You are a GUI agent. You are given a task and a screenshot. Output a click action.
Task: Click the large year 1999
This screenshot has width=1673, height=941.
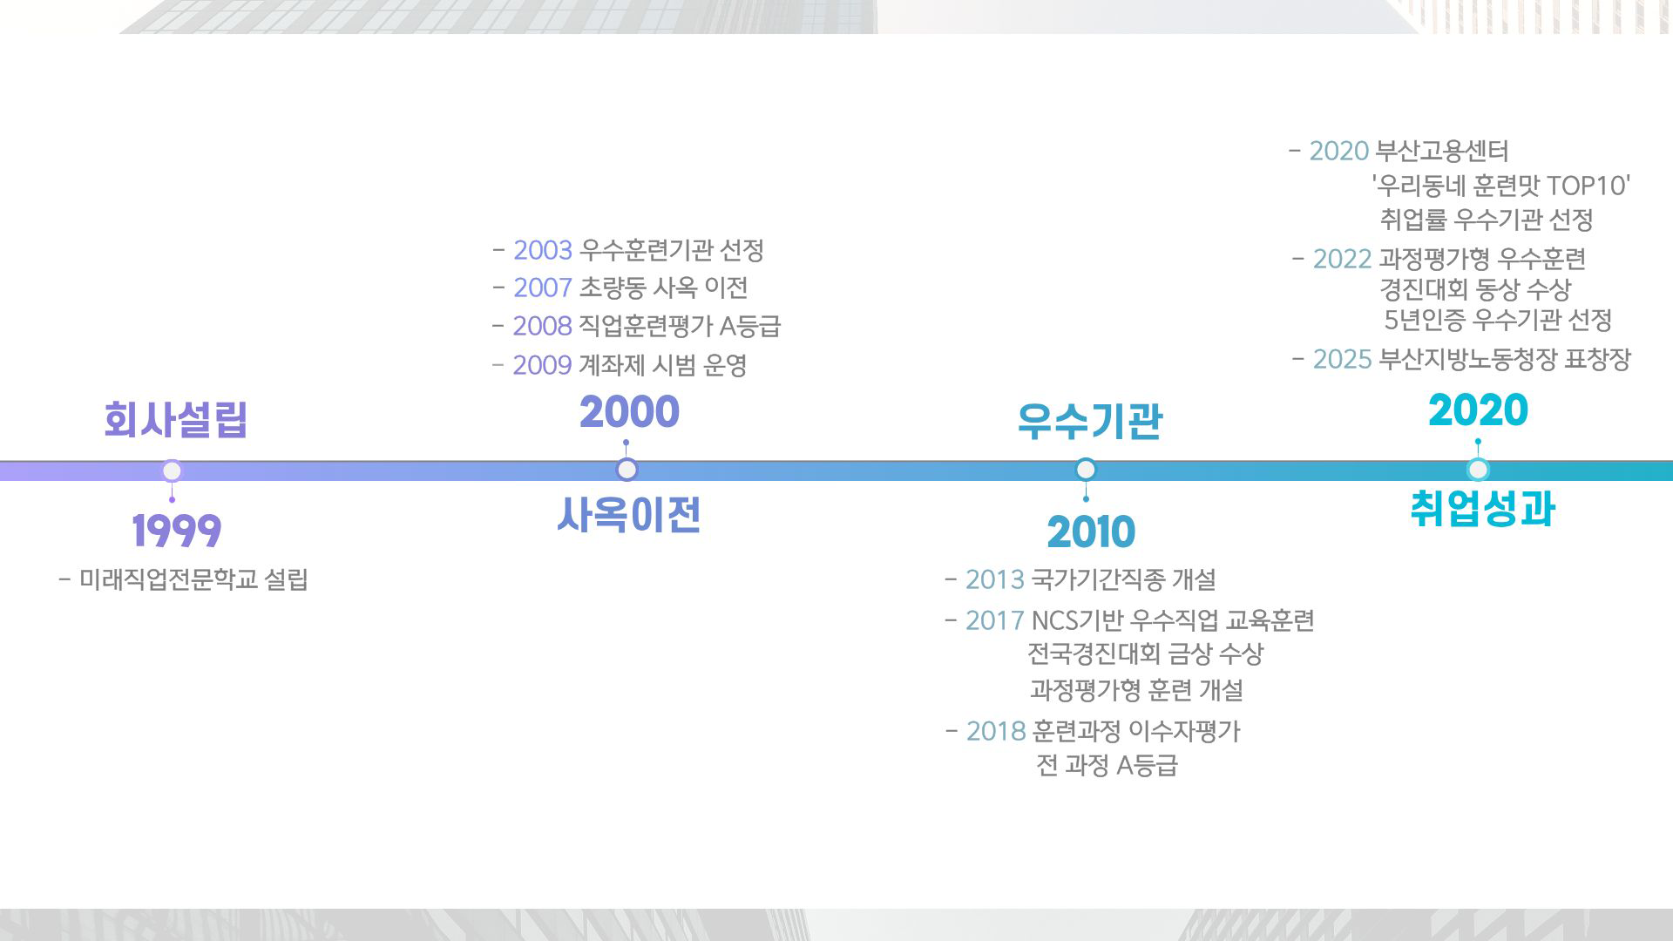177,531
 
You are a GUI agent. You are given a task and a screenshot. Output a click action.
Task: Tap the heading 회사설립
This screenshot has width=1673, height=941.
176,420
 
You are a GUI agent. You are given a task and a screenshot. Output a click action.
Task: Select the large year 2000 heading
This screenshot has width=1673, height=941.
629,412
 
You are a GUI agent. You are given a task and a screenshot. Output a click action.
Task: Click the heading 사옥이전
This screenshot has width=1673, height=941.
629,514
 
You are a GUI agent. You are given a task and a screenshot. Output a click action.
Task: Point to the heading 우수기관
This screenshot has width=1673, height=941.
1090,421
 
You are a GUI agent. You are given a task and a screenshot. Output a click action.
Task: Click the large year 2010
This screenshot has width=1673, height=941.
1091,531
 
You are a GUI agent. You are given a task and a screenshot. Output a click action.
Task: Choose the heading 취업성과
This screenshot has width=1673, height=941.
1483,509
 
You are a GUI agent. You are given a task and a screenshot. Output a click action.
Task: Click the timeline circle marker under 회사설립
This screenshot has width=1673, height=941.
173,471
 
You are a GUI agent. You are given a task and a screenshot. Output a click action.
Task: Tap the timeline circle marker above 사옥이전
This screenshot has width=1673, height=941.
627,470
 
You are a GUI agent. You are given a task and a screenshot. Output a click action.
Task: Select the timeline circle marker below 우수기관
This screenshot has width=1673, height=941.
1086,470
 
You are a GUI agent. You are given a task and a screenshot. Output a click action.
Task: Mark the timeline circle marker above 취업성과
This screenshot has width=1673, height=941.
1478,470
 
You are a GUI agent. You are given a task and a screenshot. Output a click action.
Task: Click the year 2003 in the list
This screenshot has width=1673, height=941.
543,251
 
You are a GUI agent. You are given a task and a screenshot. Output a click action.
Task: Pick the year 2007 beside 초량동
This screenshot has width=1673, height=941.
543,288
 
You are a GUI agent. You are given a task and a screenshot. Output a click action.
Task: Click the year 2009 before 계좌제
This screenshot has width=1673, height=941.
542,365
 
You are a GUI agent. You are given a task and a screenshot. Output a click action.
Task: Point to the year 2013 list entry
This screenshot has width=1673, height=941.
995,579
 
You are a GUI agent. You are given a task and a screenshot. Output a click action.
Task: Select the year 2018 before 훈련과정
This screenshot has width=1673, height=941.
996,731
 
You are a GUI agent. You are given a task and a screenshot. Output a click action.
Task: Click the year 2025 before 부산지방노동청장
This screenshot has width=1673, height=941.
1343,360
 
